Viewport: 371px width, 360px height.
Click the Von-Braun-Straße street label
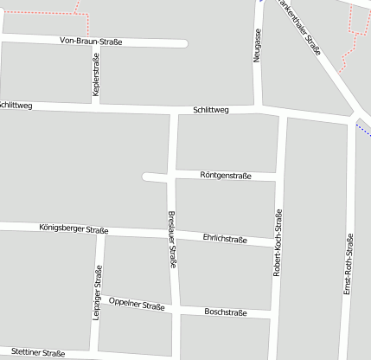pyautogui.click(x=91, y=41)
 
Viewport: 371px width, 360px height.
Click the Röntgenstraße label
pyautogui.click(x=225, y=176)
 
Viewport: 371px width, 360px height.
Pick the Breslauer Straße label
pyautogui.click(x=172, y=239)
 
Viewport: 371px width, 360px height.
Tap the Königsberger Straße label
pyautogui.click(x=74, y=229)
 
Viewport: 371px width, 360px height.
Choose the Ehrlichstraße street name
pyautogui.click(x=224, y=239)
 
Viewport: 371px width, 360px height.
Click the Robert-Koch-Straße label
pyautogui.click(x=278, y=241)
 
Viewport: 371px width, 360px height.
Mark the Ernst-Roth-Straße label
pyautogui.click(x=348, y=263)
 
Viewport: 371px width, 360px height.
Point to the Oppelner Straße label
pyautogui.click(x=137, y=305)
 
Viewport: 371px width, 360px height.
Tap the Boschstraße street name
pyautogui.click(x=225, y=312)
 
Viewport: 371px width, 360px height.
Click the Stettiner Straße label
pyautogui.click(x=39, y=353)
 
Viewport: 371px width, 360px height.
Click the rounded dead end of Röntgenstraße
pyautogui.click(x=146, y=177)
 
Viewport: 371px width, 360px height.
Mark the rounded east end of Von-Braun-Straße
pyautogui.click(x=183, y=43)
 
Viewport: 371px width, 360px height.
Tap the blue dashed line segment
pyautogui.click(x=362, y=129)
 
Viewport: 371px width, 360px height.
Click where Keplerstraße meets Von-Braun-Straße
pyautogui.click(x=94, y=41)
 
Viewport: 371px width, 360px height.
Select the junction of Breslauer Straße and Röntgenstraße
pyautogui.click(x=174, y=177)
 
